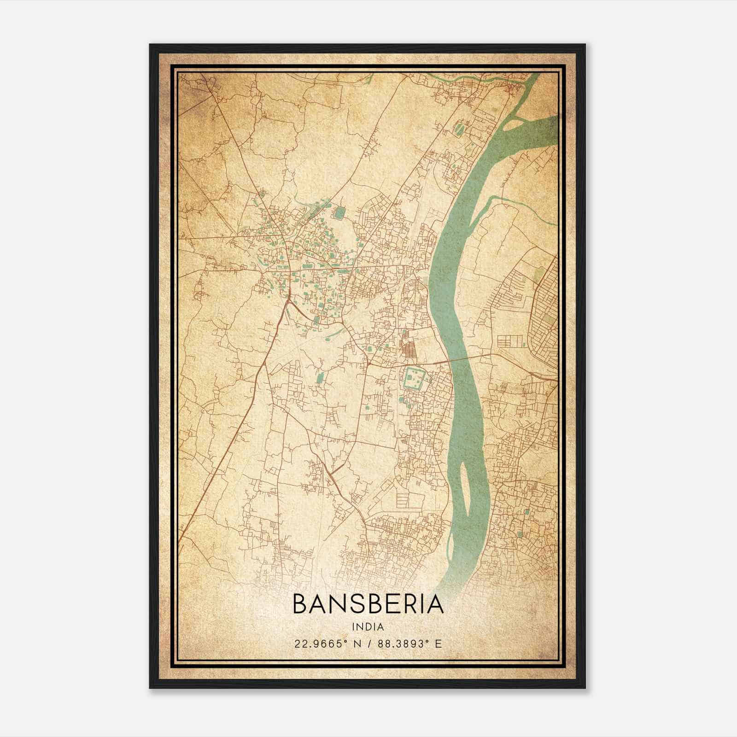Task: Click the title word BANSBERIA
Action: (368, 605)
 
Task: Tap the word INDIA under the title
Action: (368, 627)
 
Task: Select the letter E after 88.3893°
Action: (439, 643)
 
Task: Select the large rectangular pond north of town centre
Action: (340, 213)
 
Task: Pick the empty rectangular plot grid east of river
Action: (510, 341)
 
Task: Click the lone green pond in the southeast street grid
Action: (521, 534)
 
